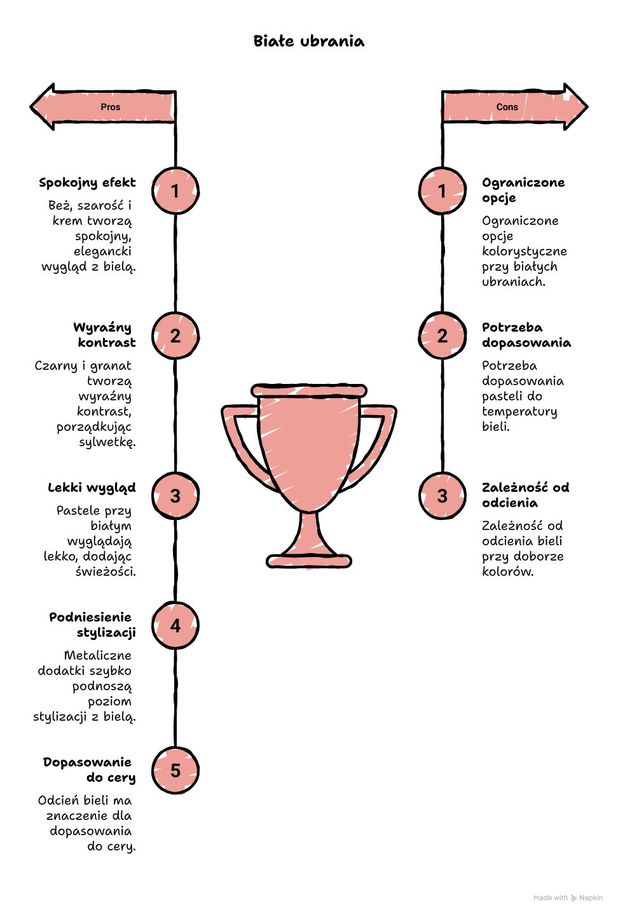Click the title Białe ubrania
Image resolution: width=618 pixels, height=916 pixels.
(x=309, y=41)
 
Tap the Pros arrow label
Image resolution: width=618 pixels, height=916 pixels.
(x=111, y=107)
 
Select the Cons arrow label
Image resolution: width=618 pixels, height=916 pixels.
(x=507, y=107)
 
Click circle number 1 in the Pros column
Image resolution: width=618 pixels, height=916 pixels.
(x=175, y=191)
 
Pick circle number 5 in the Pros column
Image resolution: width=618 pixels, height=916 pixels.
(x=175, y=770)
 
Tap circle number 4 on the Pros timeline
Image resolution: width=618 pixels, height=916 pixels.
(x=175, y=625)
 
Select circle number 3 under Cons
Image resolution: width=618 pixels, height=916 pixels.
(x=443, y=496)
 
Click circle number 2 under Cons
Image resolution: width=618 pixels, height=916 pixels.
(x=443, y=336)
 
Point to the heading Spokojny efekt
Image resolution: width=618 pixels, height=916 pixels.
(x=87, y=183)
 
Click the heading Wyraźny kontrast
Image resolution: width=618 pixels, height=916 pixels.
(x=105, y=335)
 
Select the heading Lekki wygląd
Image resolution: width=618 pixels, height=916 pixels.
(x=92, y=488)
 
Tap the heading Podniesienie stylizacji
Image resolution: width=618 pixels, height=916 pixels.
(x=92, y=625)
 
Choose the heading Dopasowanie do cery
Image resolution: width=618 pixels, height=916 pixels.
(x=90, y=770)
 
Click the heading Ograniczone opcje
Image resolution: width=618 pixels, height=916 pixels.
(x=523, y=190)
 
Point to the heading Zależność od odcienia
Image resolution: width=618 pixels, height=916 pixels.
(x=526, y=495)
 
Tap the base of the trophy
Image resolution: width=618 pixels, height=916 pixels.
(x=309, y=561)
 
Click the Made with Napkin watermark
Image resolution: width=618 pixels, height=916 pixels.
(x=568, y=898)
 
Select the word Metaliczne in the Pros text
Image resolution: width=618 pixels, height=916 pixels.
(x=98, y=655)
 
